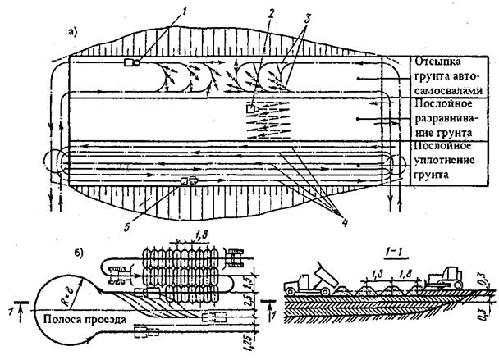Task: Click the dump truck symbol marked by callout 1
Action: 130,62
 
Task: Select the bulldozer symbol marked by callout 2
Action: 251,107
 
